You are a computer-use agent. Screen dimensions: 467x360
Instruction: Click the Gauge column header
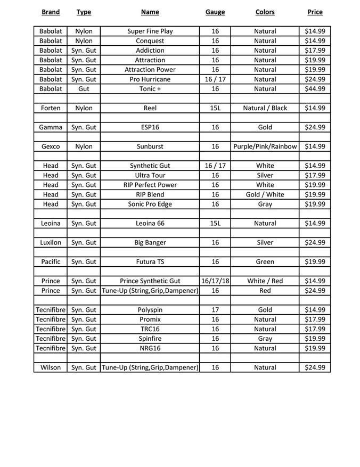(215, 12)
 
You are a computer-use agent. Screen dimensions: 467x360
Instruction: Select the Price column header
(315, 12)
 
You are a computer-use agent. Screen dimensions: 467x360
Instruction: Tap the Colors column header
(265, 12)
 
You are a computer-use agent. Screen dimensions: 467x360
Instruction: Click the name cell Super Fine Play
(150, 31)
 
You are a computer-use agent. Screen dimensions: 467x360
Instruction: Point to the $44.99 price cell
(315, 89)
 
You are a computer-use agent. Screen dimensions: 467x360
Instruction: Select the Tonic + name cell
(150, 89)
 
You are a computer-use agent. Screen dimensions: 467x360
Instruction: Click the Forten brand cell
(51, 108)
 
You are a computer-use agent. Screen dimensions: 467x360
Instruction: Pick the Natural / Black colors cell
(265, 108)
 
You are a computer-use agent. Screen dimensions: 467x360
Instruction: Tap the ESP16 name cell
(150, 127)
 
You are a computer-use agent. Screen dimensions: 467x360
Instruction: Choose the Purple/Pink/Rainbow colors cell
(265, 146)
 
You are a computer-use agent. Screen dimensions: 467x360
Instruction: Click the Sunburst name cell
(150, 146)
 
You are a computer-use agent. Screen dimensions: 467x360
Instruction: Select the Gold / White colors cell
(265, 194)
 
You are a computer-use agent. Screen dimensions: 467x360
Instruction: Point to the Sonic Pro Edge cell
(150, 204)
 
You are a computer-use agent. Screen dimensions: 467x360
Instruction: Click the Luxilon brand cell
(51, 242)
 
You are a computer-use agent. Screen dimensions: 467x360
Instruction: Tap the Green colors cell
(265, 261)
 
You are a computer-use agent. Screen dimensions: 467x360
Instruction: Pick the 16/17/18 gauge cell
(215, 281)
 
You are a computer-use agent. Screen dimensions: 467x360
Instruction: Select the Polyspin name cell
(150, 309)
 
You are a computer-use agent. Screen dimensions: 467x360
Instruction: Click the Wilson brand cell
(51, 367)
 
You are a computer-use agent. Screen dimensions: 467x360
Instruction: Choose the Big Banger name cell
(150, 242)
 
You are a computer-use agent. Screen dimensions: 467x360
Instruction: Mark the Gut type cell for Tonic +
(84, 89)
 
